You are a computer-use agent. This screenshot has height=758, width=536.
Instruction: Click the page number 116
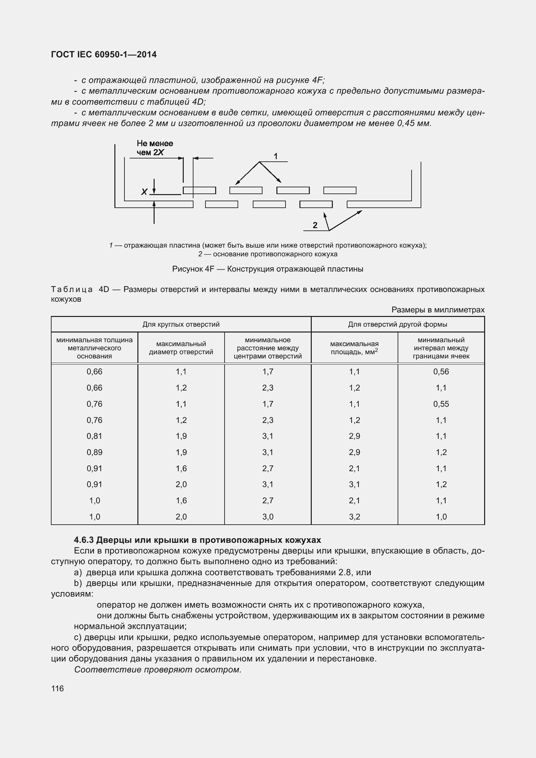click(57, 688)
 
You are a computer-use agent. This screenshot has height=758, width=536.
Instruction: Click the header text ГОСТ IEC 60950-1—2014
click(104, 54)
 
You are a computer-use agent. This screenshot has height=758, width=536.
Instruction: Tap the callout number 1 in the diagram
click(275, 156)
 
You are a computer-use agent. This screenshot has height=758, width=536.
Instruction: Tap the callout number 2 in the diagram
click(315, 225)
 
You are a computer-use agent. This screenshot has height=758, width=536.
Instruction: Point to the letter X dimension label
click(144, 192)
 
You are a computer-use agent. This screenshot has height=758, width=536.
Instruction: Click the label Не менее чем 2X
click(155, 148)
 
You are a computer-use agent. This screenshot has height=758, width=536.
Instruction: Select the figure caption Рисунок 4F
click(268, 269)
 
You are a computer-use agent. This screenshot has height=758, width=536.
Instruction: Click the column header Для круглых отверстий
click(181, 324)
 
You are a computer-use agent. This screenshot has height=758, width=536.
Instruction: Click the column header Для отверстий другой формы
click(397, 324)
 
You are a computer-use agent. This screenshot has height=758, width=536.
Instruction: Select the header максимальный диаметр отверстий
click(181, 348)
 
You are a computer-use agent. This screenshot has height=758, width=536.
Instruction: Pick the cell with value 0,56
click(441, 372)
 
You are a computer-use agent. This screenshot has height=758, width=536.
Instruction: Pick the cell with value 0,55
click(441, 404)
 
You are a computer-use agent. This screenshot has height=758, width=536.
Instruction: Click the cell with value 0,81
click(94, 436)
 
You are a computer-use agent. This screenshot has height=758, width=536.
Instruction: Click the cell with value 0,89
click(94, 452)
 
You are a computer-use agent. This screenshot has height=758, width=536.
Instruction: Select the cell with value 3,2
click(354, 517)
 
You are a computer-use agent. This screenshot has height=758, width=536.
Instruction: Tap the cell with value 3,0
click(268, 517)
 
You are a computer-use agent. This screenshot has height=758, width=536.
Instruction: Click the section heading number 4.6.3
click(84, 540)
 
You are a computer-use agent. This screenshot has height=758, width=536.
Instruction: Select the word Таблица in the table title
click(72, 289)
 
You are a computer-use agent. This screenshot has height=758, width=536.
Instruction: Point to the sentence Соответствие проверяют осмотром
click(158, 670)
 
